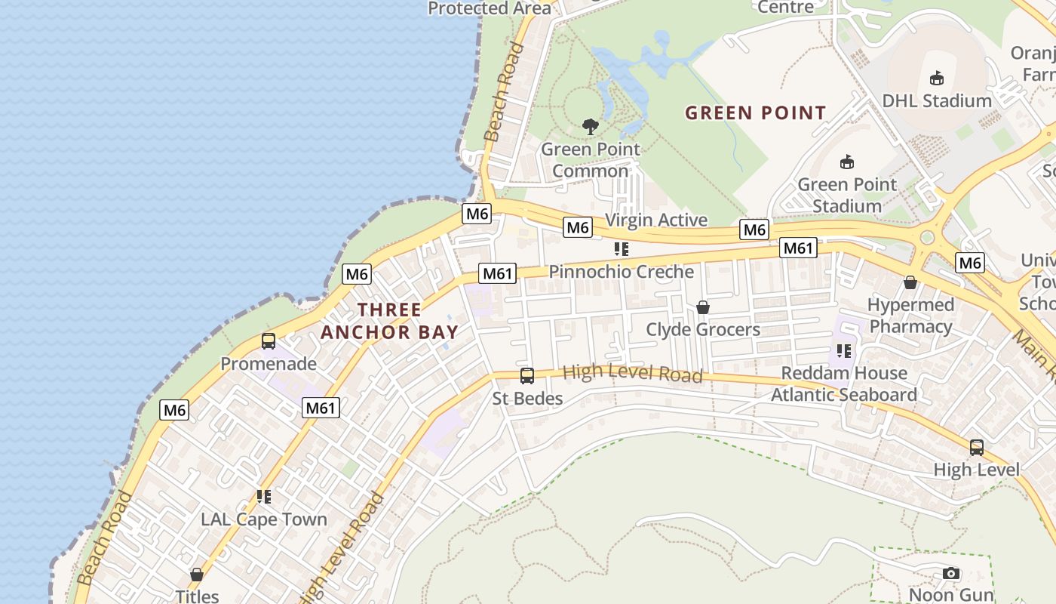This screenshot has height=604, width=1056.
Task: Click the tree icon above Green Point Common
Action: coord(591,127)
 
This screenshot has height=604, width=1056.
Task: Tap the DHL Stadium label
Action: coord(936,100)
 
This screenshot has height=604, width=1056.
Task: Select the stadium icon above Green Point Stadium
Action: coord(847,162)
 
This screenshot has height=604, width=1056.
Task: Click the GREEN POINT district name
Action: coord(755,113)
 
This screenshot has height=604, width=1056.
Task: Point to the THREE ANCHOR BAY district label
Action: coord(390,321)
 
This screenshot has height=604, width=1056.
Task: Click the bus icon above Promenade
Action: coord(269,341)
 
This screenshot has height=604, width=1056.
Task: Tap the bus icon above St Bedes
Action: coord(527,375)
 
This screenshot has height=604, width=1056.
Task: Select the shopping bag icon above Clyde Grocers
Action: coord(703,307)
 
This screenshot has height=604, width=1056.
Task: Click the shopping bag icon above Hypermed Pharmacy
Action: coord(910,282)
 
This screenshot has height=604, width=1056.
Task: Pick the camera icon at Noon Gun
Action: coord(951,574)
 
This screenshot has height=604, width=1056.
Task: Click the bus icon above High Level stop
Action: coord(977,447)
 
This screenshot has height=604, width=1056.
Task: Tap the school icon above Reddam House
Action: coord(843,351)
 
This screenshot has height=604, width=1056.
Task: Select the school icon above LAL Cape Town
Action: coord(264,497)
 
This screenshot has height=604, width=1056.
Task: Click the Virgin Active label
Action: coord(656,220)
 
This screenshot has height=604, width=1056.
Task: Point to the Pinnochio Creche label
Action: coord(621,272)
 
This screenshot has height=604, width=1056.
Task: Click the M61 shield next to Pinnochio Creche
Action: coord(498,273)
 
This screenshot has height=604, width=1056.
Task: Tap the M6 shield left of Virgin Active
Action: coord(577,226)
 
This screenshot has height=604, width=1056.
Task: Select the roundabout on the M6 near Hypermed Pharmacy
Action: coord(927,238)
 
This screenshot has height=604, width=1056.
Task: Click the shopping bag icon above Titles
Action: coord(197,575)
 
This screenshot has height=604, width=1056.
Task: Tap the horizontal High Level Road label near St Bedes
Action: coord(633,373)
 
